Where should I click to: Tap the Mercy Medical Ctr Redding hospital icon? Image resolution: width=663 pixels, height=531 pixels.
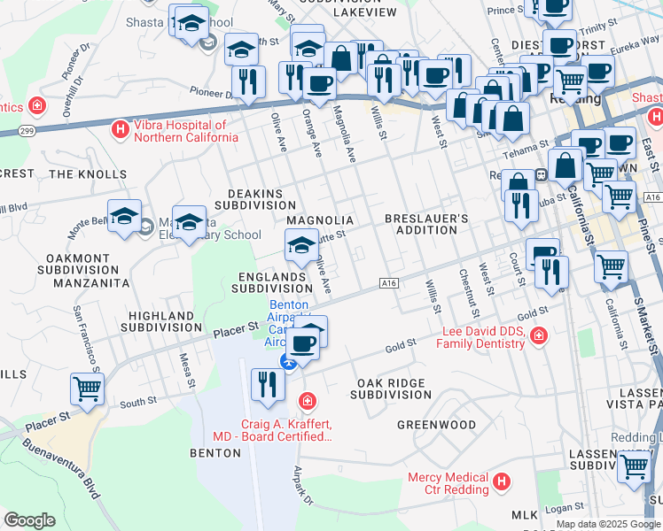pos(502,482)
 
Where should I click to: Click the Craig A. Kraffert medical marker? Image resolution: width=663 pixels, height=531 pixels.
pos(307,402)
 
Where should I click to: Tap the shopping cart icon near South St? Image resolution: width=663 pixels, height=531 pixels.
pos(87,389)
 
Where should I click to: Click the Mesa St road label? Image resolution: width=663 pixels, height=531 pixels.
pos(185,369)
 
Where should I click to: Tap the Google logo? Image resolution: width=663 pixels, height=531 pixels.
pos(29,520)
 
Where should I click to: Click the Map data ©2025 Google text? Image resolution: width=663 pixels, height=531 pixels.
pos(607,524)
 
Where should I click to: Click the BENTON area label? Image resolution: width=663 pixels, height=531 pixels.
pos(214,452)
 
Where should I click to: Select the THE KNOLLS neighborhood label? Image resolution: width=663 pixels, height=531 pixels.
pos(88,174)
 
